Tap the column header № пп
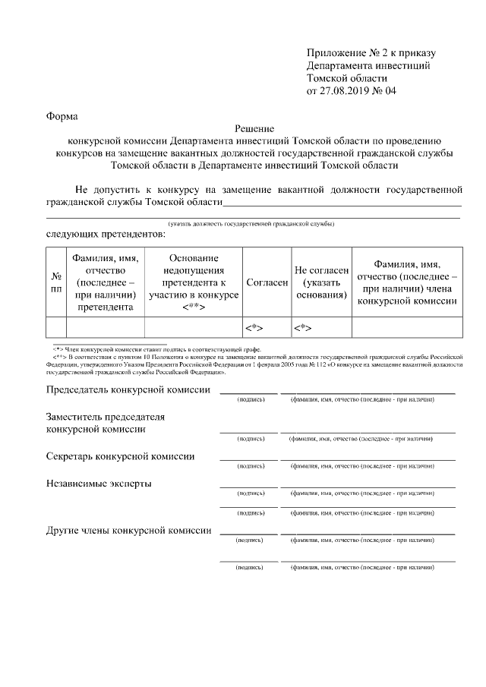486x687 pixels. click(x=56, y=282)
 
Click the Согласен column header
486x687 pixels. click(x=267, y=282)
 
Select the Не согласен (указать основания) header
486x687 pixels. click(x=321, y=282)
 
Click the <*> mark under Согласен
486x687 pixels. click(x=253, y=328)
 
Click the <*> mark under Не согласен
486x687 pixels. click(x=302, y=328)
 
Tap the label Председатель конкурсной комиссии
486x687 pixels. click(x=128, y=389)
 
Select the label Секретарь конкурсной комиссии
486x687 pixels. click(x=120, y=456)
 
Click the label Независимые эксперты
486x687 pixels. click(x=98, y=483)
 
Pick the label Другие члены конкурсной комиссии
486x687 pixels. click(x=128, y=530)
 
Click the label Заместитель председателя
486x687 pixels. click(x=106, y=417)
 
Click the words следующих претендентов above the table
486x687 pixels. click(x=106, y=235)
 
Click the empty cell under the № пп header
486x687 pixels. click(x=56, y=327)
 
